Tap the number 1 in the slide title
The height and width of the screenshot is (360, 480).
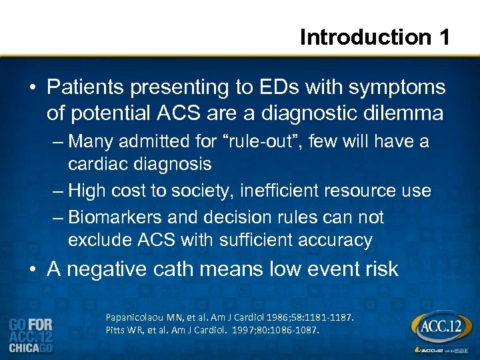(443, 37)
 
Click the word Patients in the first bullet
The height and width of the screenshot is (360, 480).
(89, 87)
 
